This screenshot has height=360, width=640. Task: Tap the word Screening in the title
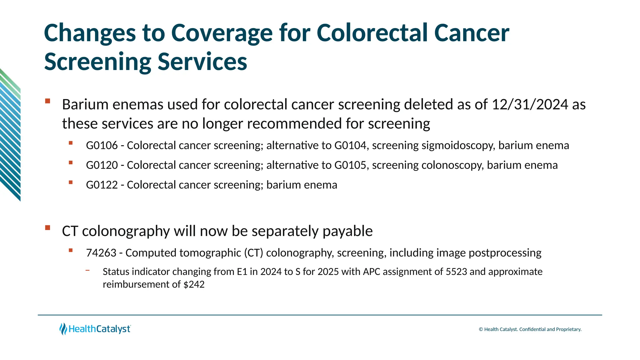[97, 62]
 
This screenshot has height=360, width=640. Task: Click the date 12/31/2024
[530, 104]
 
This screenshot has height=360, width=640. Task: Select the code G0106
[102, 146]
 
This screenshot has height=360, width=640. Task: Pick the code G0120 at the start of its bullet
[102, 165]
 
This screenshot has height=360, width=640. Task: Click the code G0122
[102, 185]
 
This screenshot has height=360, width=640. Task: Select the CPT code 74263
[101, 253]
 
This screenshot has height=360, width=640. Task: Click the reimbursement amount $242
[194, 284]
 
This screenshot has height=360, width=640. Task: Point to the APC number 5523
[456, 272]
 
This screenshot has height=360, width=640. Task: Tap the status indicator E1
[242, 272]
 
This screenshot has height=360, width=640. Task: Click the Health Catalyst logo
[95, 329]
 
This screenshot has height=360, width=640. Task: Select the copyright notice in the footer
[530, 329]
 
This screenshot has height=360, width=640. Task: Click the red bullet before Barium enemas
[47, 101]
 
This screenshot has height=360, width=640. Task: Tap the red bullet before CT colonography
[47, 227]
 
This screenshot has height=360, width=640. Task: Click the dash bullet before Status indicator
[87, 270]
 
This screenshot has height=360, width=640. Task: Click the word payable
[347, 231]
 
